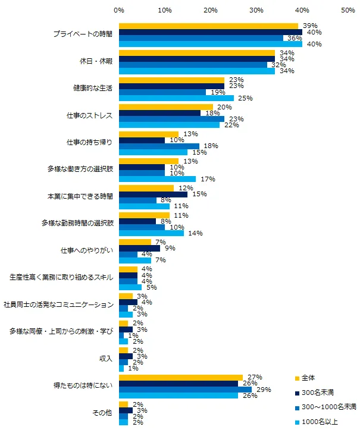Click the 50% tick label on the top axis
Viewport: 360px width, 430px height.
pos(348,11)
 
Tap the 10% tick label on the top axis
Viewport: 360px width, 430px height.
pos(165,11)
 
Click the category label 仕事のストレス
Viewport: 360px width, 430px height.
pos(88,115)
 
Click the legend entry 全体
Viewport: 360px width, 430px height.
pos(309,378)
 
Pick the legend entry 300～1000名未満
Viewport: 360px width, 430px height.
pos(326,406)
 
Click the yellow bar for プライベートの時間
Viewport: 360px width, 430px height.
pos(208,26)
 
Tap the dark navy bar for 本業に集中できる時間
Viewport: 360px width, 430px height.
pos(153,194)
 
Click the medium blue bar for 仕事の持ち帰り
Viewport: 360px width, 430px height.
pos(159,146)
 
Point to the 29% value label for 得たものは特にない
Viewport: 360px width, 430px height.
pos(261,390)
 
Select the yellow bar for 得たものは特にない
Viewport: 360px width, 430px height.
pos(181,377)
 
